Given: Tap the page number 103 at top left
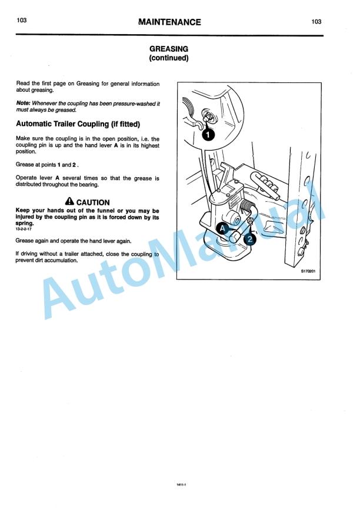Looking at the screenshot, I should pyautogui.click(x=22, y=21).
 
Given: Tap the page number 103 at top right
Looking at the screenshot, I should pyautogui.click(x=316, y=22).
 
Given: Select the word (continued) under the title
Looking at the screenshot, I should pyautogui.click(x=169, y=58).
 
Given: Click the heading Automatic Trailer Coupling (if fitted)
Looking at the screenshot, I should pyautogui.click(x=78, y=124).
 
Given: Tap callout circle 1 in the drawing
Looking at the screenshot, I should pyautogui.click(x=208, y=134).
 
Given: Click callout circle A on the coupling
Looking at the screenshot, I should pyautogui.click(x=223, y=228).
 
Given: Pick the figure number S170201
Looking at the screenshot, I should pyautogui.click(x=309, y=272).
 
